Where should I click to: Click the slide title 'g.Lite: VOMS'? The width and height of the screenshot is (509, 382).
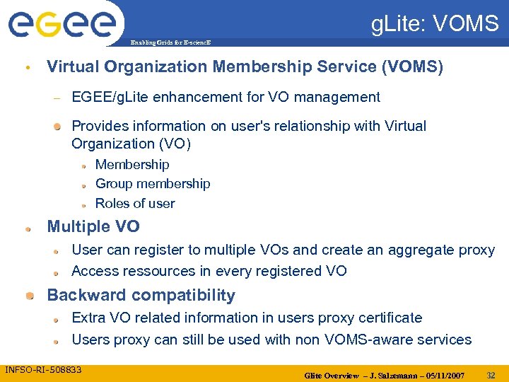(435, 25)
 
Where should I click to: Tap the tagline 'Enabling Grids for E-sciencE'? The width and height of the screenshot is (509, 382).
(170, 43)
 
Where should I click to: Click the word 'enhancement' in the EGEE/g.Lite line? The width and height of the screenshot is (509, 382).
(225, 97)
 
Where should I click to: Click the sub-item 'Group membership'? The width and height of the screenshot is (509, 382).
(153, 184)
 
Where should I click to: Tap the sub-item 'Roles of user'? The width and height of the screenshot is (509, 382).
(135, 204)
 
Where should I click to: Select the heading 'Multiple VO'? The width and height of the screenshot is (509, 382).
(93, 227)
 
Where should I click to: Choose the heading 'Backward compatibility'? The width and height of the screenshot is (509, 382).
(141, 295)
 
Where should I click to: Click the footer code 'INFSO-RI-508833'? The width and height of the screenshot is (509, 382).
(43, 370)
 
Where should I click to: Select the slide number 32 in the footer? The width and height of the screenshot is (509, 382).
(491, 374)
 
